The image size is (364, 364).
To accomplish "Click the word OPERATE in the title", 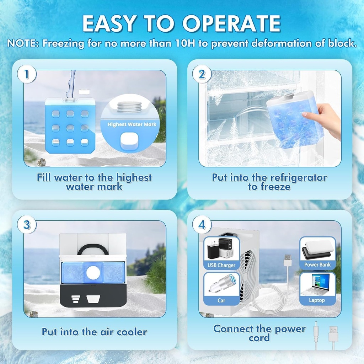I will pyautogui.click(x=232, y=24).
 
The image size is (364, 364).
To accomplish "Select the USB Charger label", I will pyautogui.click(x=221, y=265).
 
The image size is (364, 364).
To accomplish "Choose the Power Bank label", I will pyautogui.click(x=317, y=265).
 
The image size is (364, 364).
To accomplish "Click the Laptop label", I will pyautogui.click(x=317, y=300).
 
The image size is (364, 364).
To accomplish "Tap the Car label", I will pyautogui.click(x=221, y=300).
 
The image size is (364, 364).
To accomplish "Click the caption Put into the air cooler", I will pyautogui.click(x=94, y=332).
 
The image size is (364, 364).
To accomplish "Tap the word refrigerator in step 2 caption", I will pyautogui.click(x=299, y=177).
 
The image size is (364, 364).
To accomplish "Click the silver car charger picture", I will pyautogui.click(x=220, y=284).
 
